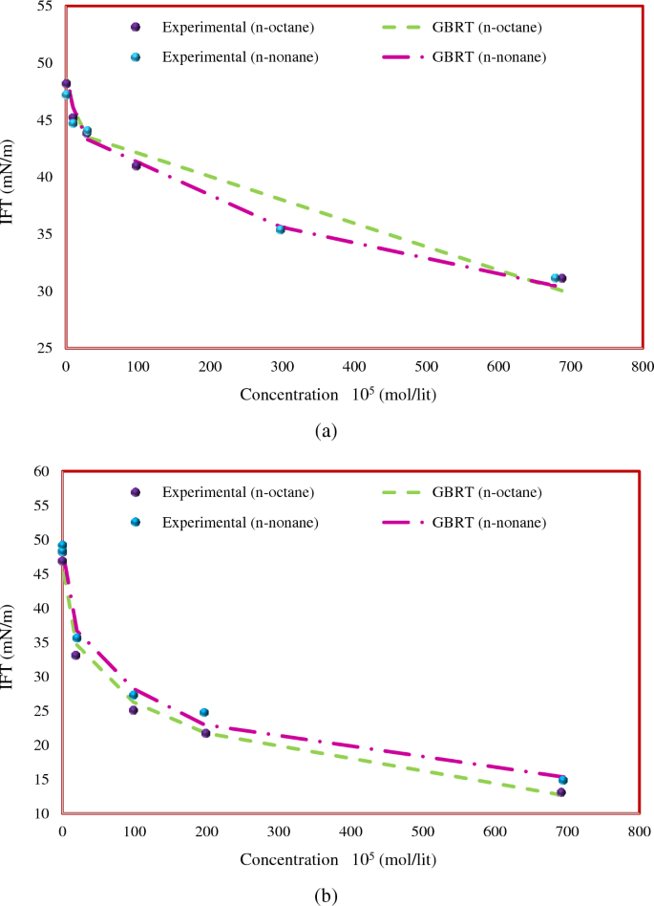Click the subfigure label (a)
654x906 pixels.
click(327, 431)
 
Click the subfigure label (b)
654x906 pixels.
click(326, 895)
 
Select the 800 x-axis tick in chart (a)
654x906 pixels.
click(643, 365)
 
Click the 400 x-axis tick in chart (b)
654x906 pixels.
click(350, 831)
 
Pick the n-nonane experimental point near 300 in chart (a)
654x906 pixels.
click(281, 229)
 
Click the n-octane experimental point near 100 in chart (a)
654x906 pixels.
click(137, 165)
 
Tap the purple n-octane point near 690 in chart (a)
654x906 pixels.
click(562, 278)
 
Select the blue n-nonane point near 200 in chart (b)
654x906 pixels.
click(204, 712)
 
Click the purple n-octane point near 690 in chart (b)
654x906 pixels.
click(561, 792)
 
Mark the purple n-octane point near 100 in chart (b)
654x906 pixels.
click(134, 710)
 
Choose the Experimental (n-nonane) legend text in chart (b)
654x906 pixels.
click(240, 522)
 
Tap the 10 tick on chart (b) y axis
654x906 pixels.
click(43, 813)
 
